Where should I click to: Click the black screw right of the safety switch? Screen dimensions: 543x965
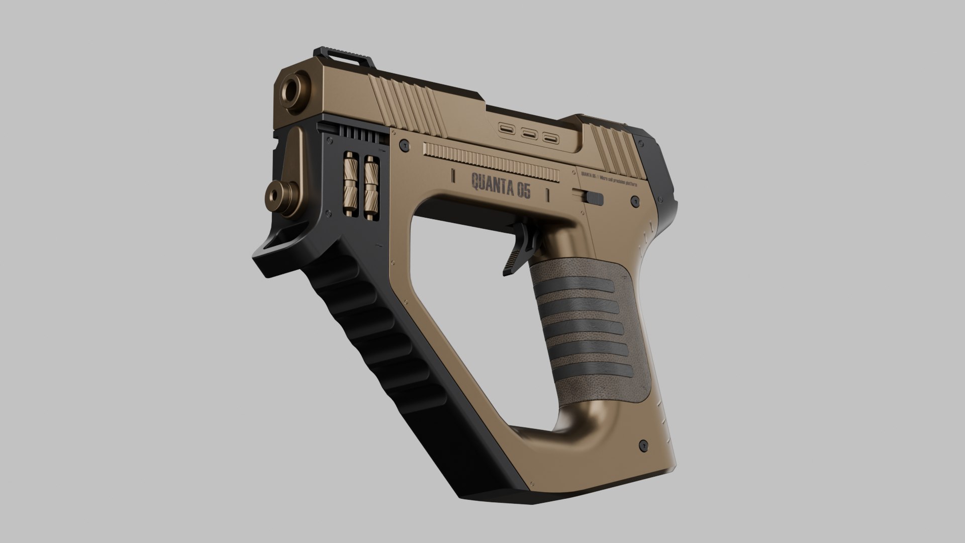(633, 202)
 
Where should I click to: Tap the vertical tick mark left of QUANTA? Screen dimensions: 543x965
(453, 176)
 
